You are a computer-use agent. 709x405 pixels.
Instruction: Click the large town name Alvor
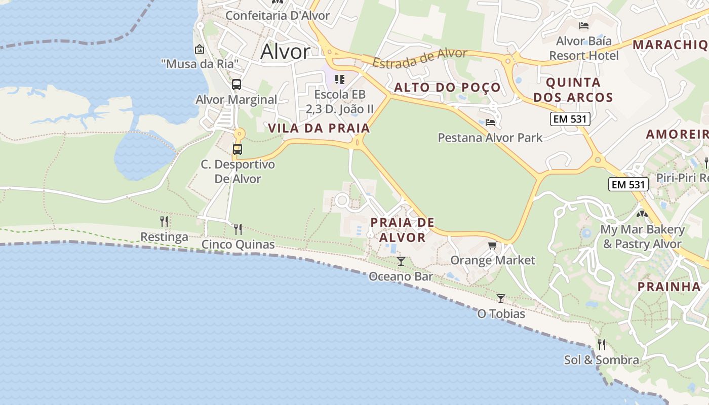(285, 52)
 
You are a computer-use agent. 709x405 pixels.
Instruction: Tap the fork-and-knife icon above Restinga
(164, 222)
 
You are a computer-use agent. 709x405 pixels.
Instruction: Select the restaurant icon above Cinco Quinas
(238, 229)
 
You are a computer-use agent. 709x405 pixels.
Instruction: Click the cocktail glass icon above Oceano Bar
(401, 261)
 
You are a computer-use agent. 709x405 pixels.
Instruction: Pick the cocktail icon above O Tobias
(501, 299)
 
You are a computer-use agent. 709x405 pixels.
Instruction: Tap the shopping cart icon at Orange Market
(492, 246)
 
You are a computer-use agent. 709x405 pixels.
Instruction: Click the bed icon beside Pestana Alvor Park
(490, 122)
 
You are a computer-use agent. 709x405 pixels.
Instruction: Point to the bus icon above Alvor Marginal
(237, 85)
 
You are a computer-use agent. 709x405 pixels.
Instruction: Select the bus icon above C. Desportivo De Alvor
(238, 149)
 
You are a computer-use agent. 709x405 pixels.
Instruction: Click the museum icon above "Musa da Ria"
(200, 49)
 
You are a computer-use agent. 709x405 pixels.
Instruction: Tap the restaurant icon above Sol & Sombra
(602, 345)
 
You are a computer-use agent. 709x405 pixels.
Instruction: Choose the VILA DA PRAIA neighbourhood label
(319, 129)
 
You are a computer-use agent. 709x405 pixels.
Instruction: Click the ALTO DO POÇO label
(447, 88)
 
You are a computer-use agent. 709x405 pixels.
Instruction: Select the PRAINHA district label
(668, 287)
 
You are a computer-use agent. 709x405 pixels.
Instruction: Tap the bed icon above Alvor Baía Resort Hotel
(584, 25)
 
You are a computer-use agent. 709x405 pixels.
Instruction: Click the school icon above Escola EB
(340, 79)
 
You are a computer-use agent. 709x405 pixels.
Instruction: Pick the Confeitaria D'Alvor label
(278, 16)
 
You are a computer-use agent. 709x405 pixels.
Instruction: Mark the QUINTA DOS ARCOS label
(573, 90)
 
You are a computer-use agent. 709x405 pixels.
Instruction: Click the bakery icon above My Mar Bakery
(642, 214)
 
